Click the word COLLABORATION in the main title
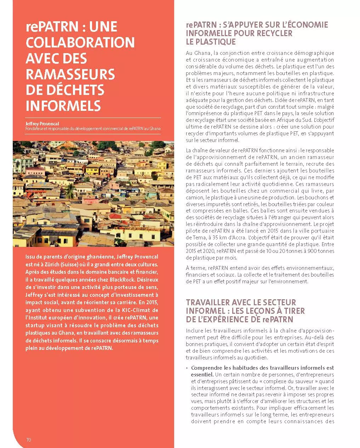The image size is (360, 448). pos(80,42)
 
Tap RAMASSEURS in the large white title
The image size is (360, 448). pos(70,74)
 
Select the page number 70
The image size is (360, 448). pos(29,440)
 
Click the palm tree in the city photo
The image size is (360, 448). pos(69,190)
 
